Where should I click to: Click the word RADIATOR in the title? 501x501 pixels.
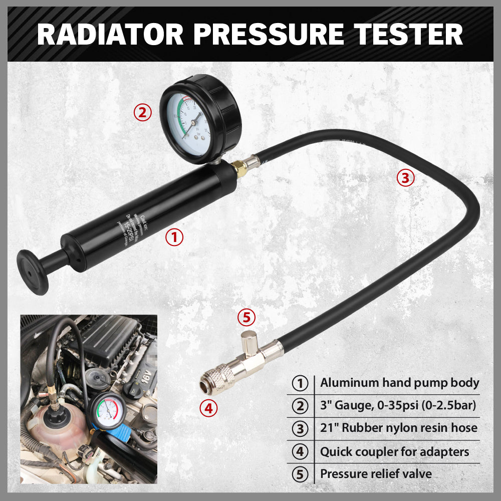point(109,34)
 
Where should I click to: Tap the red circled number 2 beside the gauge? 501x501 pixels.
point(142,112)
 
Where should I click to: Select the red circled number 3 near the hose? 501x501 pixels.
point(405,178)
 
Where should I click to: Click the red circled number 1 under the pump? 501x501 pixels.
point(174,237)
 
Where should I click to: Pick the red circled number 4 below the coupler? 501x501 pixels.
point(208,408)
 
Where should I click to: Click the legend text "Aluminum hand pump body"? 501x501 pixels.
point(399,383)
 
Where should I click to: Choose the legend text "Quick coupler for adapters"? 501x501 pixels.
point(394,452)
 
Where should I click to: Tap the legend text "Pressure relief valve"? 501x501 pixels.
point(376,473)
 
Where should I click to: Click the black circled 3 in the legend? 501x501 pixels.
point(300,428)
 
